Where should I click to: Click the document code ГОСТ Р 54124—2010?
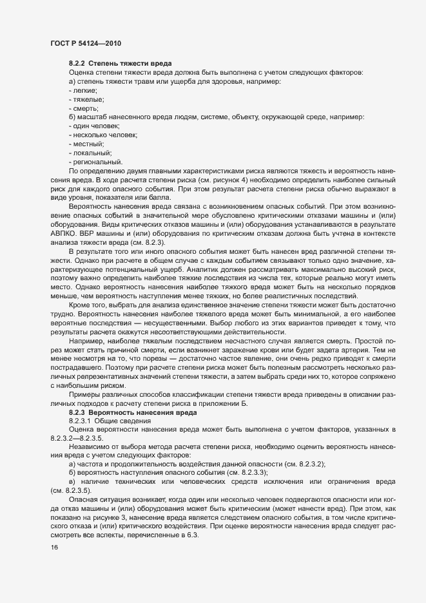[86, 43]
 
